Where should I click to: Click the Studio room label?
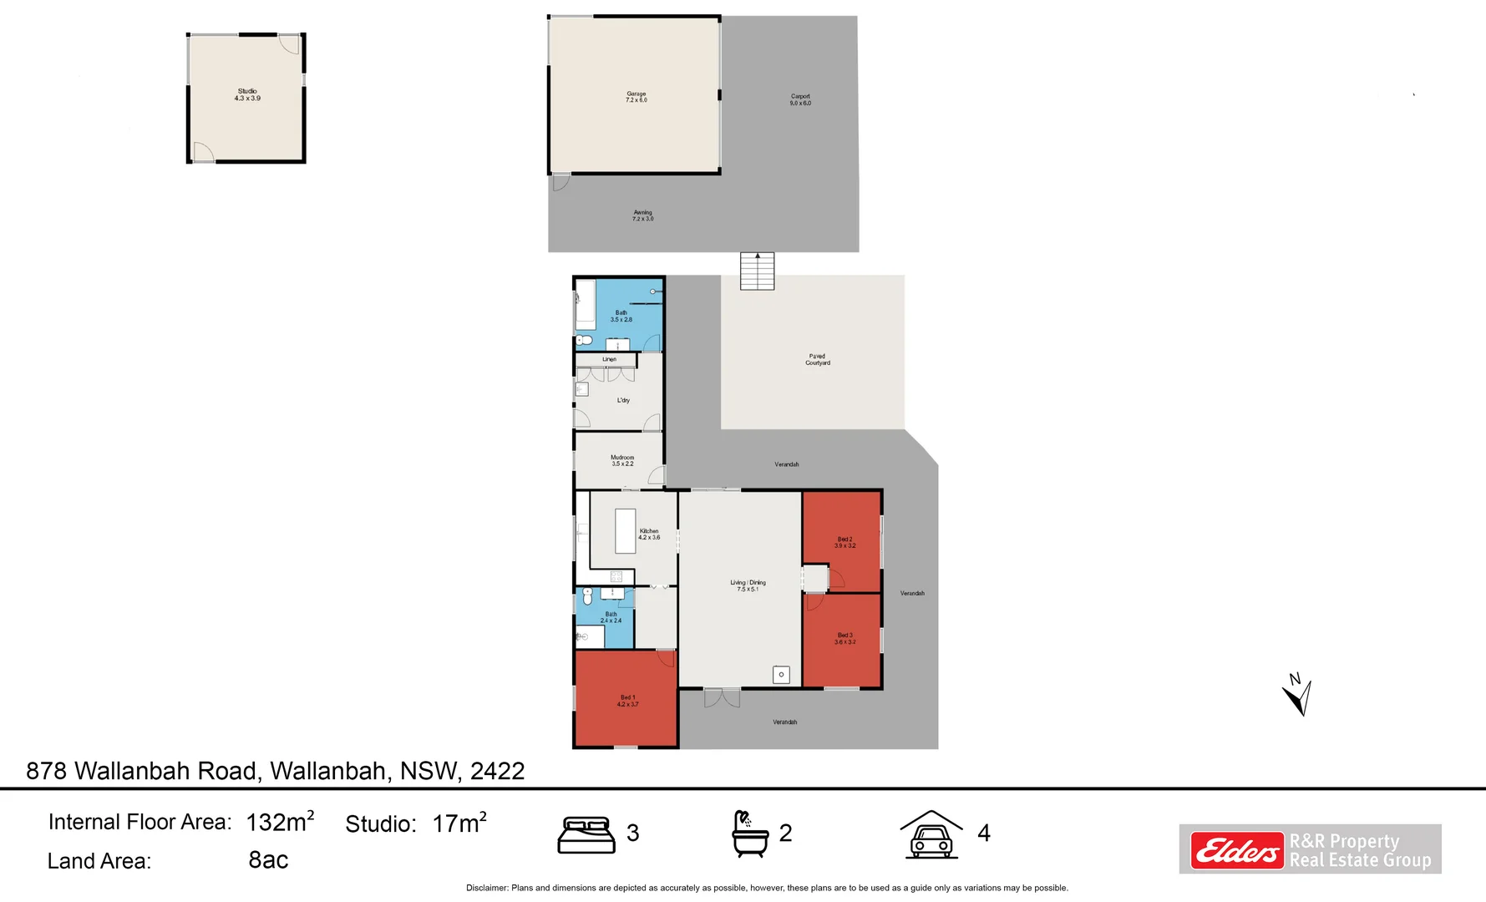pos(247,94)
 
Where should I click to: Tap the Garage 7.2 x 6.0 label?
pos(636,97)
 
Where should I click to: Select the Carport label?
pos(800,99)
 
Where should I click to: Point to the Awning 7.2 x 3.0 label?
pos(642,215)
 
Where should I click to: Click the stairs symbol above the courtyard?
pos(757,271)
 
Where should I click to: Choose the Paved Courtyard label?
pos(818,359)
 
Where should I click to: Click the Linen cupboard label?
pos(609,359)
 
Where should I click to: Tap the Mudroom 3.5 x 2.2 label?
pos(622,460)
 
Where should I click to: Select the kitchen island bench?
pos(625,531)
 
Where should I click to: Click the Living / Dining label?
pos(748,585)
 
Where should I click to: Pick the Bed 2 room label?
pos(844,542)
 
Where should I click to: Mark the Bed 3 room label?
pos(844,638)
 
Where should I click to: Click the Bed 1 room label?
pos(627,701)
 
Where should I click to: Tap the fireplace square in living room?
pos(781,674)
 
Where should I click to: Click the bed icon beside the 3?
pos(586,834)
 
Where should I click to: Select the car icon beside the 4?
pos(931,834)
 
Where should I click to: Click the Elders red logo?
pos(1236,850)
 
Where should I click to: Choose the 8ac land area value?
pos(268,859)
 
